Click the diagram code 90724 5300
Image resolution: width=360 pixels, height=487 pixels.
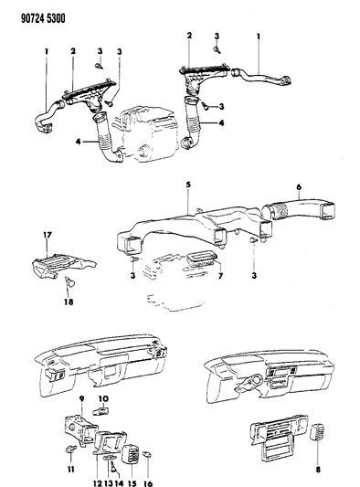point(43,18)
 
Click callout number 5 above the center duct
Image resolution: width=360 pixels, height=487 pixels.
point(188,185)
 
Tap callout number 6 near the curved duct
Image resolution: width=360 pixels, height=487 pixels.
point(299,187)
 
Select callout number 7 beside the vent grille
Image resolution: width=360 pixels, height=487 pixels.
point(220,276)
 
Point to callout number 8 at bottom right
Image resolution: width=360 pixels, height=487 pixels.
point(318,470)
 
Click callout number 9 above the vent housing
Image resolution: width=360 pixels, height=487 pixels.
point(81,398)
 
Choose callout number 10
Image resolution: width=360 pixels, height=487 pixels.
point(103,398)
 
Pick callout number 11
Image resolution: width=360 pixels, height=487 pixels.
point(71,469)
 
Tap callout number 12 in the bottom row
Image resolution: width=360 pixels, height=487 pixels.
point(98,483)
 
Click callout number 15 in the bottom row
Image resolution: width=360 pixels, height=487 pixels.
point(132,483)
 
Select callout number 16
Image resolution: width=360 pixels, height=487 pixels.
point(148,483)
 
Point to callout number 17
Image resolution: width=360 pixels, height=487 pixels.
point(47,235)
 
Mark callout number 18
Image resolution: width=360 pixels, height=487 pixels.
point(69,302)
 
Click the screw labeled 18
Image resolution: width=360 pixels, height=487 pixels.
point(70,281)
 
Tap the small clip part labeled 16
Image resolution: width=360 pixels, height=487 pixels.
point(147,455)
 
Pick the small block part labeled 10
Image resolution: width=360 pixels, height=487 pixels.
point(101,411)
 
